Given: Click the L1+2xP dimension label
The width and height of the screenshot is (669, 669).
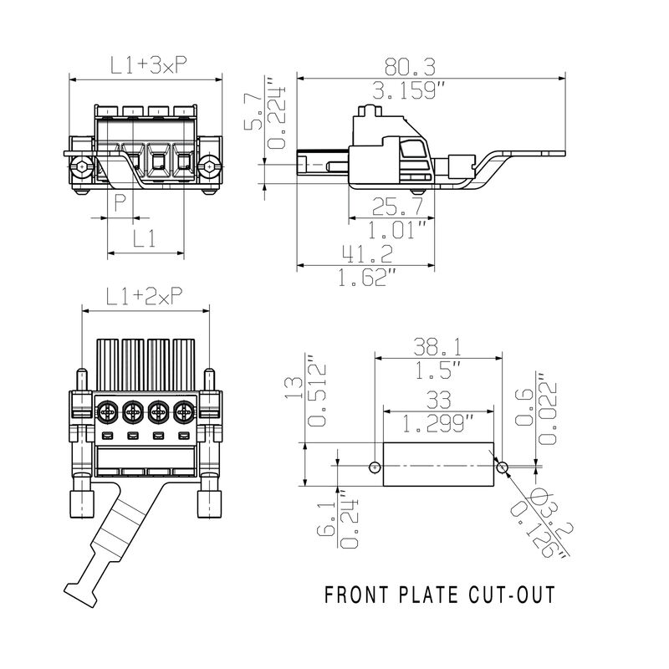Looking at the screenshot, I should [145, 296].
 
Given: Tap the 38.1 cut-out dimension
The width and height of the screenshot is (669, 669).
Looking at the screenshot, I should [440, 345].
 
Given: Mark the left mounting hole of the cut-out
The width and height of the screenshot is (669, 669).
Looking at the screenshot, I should [375, 466].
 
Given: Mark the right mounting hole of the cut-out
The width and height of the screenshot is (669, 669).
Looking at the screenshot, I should [502, 467].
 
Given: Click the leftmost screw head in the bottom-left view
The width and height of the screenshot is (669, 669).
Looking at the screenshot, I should [107, 411].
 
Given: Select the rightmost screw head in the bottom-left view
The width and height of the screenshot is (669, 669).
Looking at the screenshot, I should [184, 411].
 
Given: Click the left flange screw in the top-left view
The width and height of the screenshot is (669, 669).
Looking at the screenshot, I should [83, 168].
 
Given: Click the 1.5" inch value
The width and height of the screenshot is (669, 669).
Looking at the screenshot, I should [442, 368].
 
